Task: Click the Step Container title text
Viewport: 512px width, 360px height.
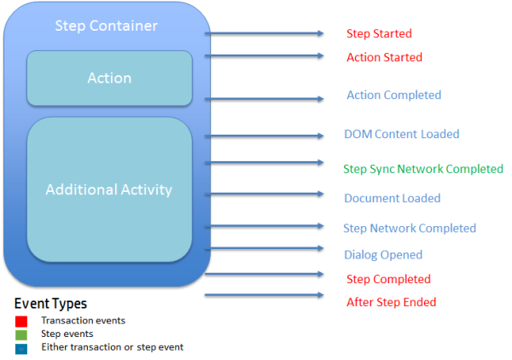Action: pos(106,26)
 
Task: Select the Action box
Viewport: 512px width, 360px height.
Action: pos(109,78)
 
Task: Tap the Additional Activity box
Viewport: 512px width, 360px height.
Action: pos(109,189)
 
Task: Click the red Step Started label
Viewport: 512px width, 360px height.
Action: pos(379,34)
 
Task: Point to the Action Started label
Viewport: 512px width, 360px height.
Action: pos(384,57)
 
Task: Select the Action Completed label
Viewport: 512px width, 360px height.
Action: pos(393,95)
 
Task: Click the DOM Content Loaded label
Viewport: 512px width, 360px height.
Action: pos(401,134)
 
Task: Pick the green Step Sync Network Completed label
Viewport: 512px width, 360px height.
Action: pos(423,169)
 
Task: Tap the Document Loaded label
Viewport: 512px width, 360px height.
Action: pos(392,198)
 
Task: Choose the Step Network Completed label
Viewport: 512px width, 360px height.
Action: pos(410,228)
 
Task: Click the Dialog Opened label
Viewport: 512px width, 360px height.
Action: pos(383,254)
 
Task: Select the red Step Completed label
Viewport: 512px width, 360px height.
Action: pos(388,279)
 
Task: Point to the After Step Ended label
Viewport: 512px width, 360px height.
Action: pos(391,302)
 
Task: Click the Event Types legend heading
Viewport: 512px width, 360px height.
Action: pos(50,304)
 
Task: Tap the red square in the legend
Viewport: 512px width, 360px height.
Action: pos(21,322)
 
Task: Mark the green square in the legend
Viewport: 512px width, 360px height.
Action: pos(21,334)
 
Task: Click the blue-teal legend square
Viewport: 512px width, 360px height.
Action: pos(21,347)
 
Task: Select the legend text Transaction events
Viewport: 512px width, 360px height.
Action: pos(83,321)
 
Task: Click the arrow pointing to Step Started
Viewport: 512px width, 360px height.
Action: pos(265,34)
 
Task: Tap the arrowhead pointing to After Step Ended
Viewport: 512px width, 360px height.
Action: pos(320,296)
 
